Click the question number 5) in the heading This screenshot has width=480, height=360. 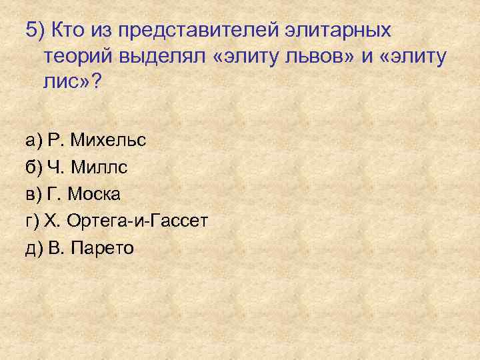pos(35,31)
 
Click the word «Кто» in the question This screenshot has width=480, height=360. pos(67,31)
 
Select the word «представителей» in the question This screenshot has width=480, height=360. pos(179,31)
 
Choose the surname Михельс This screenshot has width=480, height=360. pos(107,141)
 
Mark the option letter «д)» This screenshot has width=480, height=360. pos(34,249)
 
